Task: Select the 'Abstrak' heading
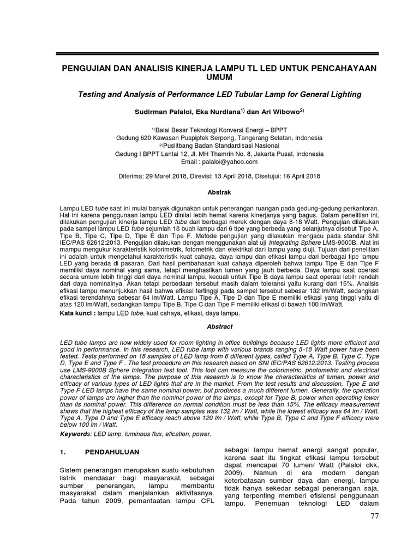[210, 192]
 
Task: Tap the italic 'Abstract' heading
[210, 326]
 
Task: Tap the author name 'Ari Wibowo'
[278, 114]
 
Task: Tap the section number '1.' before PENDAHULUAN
[63, 452]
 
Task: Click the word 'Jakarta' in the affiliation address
[266, 154]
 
